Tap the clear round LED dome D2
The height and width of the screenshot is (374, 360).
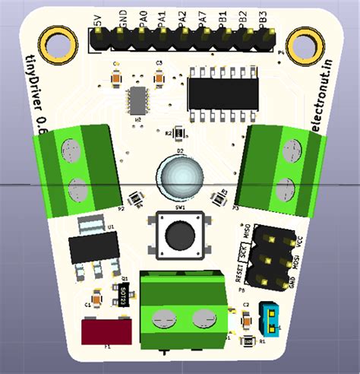pos(181,177)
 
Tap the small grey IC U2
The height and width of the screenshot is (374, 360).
pos(137,100)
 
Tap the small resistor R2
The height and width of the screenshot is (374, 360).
pos(178,133)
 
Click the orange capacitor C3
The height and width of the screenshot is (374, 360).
pos(159,77)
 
